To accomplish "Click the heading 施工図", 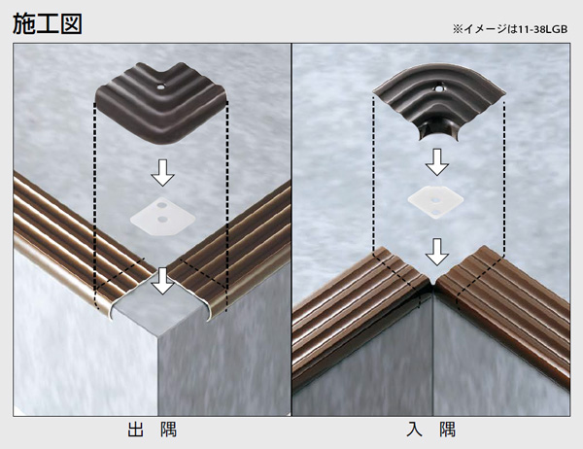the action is click(48, 24).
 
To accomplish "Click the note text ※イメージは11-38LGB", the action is click(510, 29).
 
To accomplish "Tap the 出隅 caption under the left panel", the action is click(153, 429).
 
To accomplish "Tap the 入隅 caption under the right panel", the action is click(430, 429).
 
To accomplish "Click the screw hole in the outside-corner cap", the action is click(160, 87).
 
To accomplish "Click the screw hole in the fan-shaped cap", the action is click(439, 89).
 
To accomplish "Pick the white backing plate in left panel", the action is click(162, 216).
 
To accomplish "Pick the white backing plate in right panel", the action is click(435, 202).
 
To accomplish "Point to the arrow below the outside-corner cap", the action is click(162, 173).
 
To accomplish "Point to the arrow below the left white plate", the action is click(162, 281).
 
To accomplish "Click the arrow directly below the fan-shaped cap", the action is click(437, 162).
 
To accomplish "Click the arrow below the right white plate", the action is click(437, 252).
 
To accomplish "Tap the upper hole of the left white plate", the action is click(161, 205).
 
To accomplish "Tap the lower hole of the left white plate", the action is click(161, 220).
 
